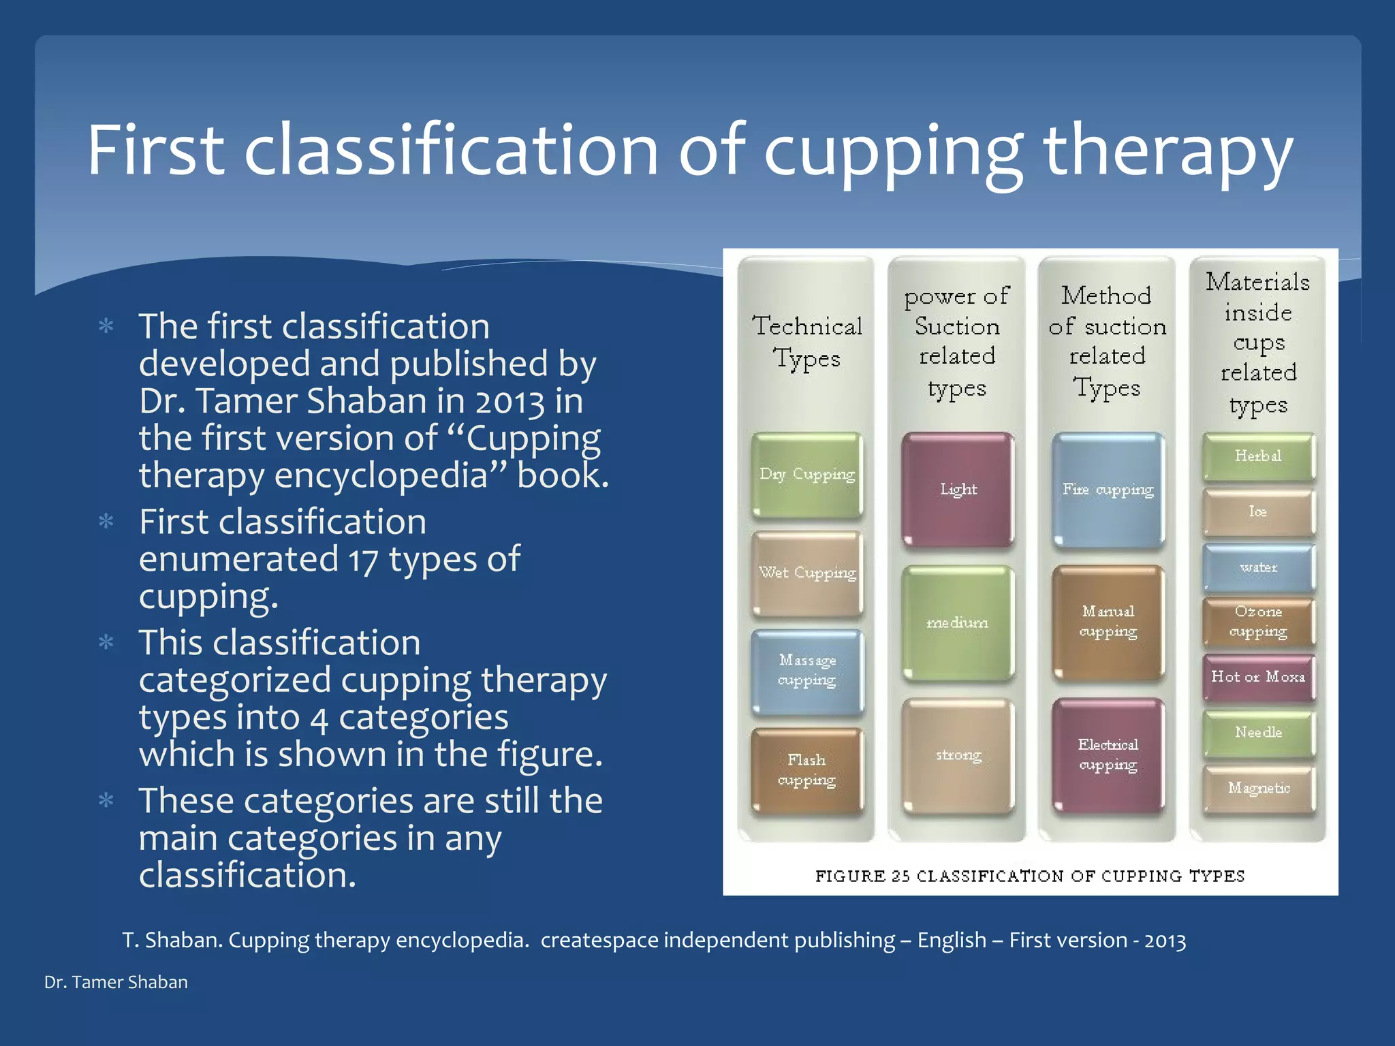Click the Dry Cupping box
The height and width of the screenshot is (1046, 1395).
point(807,475)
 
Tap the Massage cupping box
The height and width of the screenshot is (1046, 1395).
point(807,671)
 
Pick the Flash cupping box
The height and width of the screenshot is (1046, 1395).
point(807,771)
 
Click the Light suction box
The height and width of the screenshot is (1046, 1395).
point(958,489)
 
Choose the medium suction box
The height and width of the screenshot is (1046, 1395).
point(958,622)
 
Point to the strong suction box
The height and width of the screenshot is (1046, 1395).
point(958,755)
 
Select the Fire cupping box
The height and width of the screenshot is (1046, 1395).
point(1108,490)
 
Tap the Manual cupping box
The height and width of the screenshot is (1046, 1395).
point(1108,622)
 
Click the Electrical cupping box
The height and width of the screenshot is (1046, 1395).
point(1108,755)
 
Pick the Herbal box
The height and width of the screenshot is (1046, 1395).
point(1258,456)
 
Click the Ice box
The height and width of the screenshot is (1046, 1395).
point(1258,512)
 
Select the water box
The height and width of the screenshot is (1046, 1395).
point(1258,567)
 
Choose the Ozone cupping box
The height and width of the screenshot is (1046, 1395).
point(1258,622)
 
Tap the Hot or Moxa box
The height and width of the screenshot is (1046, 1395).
point(1258,677)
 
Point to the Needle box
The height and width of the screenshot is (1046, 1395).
point(1258,733)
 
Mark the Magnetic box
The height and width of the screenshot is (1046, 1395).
point(1258,789)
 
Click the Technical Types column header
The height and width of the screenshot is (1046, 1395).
point(807,342)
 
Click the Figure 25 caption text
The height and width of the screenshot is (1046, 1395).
point(1030,876)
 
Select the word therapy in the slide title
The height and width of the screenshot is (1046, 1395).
point(1167,151)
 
